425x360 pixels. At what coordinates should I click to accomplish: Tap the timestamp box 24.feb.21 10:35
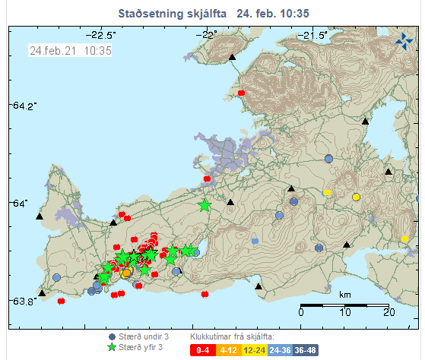tap(70, 50)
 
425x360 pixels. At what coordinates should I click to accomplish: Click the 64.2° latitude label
tap(23, 106)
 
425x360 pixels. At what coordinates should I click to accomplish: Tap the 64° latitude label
tap(18, 203)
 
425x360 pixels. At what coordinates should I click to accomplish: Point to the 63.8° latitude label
tap(23, 301)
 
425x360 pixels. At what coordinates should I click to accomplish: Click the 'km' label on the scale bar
tap(344, 294)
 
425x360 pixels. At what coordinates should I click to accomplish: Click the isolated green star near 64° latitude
tap(205, 205)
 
